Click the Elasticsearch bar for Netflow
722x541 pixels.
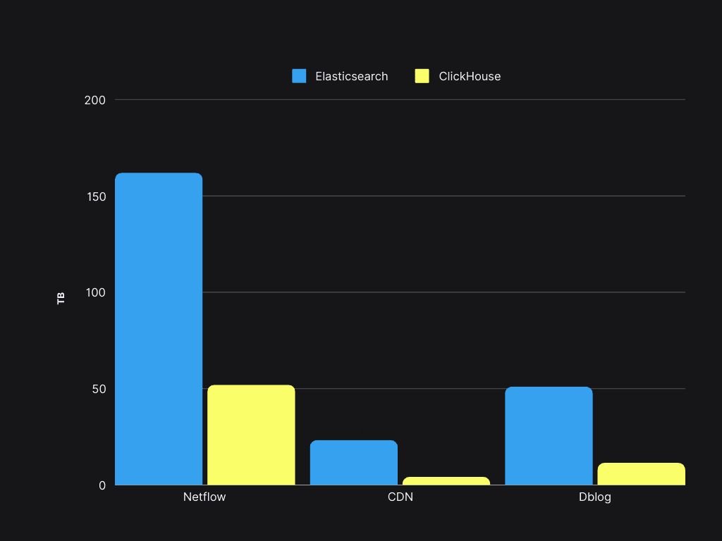point(159,328)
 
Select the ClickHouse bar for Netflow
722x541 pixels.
point(251,435)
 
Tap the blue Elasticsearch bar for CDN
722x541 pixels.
point(354,462)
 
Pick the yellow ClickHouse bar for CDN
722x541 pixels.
point(446,481)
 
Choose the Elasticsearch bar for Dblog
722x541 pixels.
point(549,435)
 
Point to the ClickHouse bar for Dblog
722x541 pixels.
point(642,474)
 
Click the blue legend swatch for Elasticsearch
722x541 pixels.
point(300,76)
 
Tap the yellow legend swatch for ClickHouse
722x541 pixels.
point(422,76)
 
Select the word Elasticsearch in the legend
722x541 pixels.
point(352,76)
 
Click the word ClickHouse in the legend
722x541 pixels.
point(470,76)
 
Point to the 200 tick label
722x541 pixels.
point(94,100)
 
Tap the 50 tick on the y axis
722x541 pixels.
point(98,389)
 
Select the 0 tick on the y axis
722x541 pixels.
point(102,485)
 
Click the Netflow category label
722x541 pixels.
point(204,497)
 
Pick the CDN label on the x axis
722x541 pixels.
point(400,497)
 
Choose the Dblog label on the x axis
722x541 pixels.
point(595,497)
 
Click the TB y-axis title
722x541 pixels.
point(61,298)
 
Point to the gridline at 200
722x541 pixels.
point(400,100)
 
